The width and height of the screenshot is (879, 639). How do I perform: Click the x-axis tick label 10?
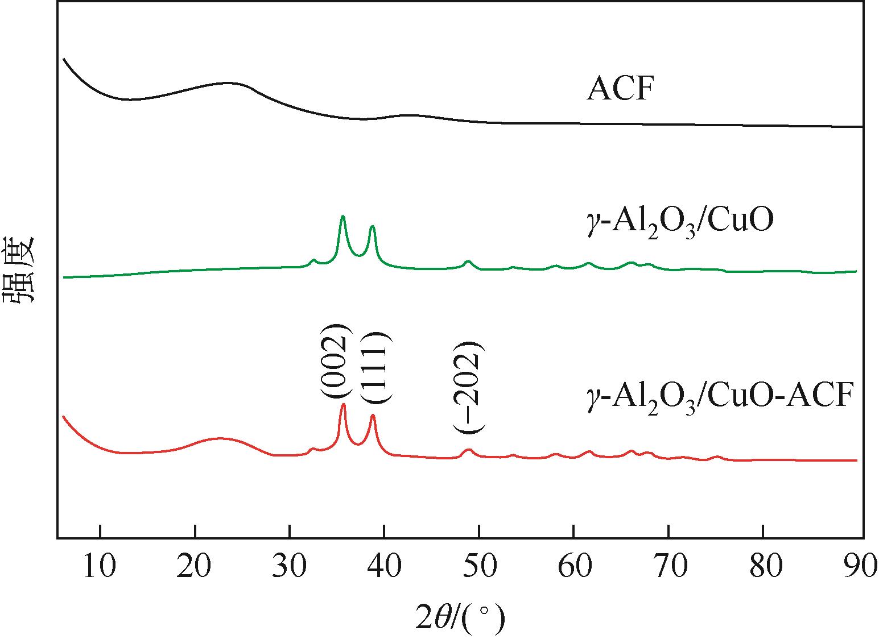pyautogui.click(x=100, y=568)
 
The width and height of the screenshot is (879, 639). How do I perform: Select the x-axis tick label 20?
pyautogui.click(x=195, y=568)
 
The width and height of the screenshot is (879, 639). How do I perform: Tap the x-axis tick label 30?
pyautogui.click(x=290, y=568)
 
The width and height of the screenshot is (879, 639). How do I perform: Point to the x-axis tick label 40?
pyautogui.click(x=385, y=568)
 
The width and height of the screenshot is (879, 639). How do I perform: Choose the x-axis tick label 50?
pyautogui.click(x=479, y=568)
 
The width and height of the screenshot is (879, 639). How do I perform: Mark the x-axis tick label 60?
pyautogui.click(x=573, y=568)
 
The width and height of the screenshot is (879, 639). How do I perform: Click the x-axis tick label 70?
pyautogui.click(x=668, y=568)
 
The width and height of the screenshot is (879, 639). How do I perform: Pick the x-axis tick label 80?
pyautogui.click(x=763, y=568)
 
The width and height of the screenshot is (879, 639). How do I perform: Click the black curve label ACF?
pyautogui.click(x=617, y=90)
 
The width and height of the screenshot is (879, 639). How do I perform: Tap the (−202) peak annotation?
pyautogui.click(x=469, y=388)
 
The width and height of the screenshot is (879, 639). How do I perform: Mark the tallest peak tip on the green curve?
pyautogui.click(x=342, y=217)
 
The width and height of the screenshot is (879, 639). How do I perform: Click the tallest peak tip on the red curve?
pyautogui.click(x=343, y=404)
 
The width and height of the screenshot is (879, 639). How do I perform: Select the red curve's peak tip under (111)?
pyautogui.click(x=373, y=416)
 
